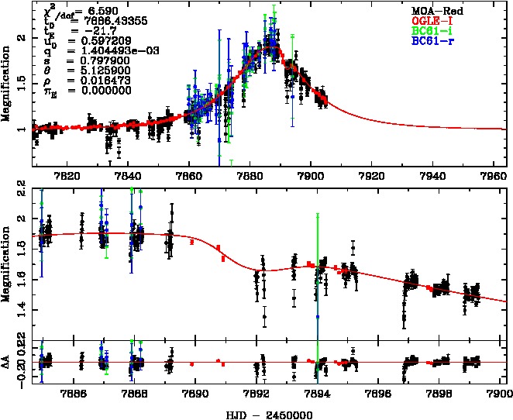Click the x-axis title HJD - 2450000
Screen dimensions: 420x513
[270, 412]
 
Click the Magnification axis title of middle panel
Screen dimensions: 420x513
[7, 263]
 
